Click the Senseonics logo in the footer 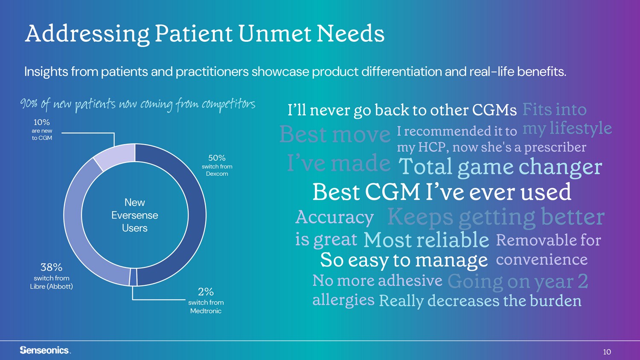(x=45, y=350)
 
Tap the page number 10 (x=607, y=352)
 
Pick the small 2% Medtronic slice (x=133, y=277)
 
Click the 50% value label (x=217, y=158)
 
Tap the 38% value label (x=52, y=267)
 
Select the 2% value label (x=206, y=292)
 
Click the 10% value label (x=42, y=122)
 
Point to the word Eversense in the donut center (x=134, y=215)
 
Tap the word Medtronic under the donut (x=206, y=311)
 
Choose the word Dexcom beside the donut (x=217, y=174)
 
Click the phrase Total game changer (x=500, y=167)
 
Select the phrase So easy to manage (x=404, y=261)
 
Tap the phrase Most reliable (x=426, y=239)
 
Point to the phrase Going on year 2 (x=518, y=282)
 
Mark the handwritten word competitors (x=229, y=105)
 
